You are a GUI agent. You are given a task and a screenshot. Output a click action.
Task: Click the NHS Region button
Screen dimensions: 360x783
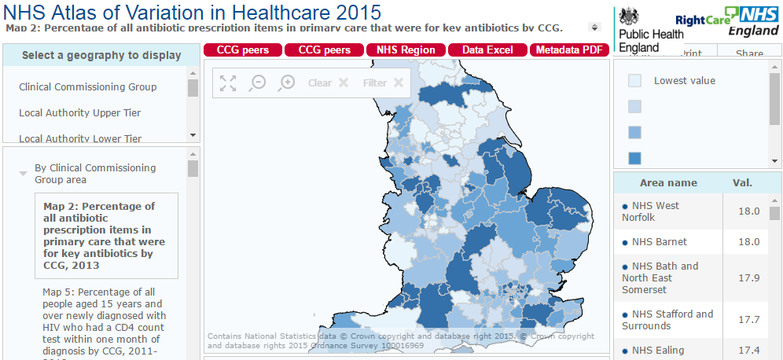(x=406, y=50)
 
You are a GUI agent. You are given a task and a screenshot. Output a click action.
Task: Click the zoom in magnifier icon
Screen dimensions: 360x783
(x=287, y=83)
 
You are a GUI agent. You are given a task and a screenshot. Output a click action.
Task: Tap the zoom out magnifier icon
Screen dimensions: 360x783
(x=257, y=83)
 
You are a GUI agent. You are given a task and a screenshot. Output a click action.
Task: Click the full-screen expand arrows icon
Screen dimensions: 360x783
(x=228, y=83)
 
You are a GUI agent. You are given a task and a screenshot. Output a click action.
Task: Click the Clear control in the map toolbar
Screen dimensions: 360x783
(x=328, y=83)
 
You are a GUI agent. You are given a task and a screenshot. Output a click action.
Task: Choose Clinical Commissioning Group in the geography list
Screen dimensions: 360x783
(x=88, y=86)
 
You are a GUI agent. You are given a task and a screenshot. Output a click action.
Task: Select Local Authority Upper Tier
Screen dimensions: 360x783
(x=80, y=112)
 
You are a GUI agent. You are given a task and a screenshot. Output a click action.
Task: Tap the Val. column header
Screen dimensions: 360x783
(x=742, y=183)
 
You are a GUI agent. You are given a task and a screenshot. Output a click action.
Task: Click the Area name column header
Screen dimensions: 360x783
(x=668, y=183)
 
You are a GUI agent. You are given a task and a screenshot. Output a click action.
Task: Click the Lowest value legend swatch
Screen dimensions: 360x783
(x=635, y=80)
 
